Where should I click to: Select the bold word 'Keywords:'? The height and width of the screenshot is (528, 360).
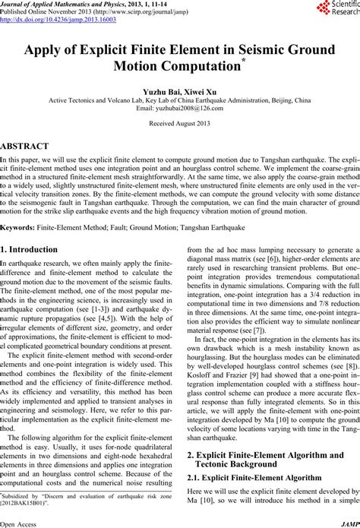coord(21,226)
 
